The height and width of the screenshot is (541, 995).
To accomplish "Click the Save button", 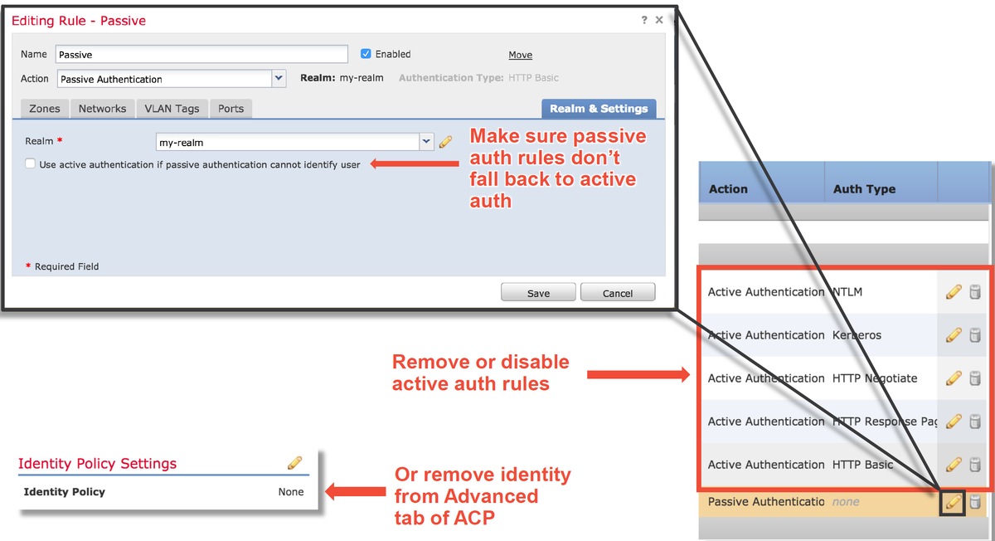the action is pos(538,293).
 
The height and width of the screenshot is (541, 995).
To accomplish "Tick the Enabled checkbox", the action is pos(366,54).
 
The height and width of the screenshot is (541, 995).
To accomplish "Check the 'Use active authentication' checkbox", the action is pos(30,163).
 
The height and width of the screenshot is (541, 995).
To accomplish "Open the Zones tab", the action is pos(45,109).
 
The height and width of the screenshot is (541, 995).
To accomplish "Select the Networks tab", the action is pos(102,109).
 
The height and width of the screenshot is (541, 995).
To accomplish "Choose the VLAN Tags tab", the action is pos(172,109).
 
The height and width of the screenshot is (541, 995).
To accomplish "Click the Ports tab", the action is pos(231,109).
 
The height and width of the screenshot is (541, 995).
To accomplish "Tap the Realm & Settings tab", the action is pos(599,109).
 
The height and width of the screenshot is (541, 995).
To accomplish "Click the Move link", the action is pos(520,55).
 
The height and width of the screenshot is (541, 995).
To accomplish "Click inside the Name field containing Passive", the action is pos(201,54).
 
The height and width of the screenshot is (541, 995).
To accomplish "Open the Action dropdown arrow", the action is pos(279,78).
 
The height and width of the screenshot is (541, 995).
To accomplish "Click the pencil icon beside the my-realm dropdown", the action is pos(445,142).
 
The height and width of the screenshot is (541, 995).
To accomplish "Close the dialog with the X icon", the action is pos(659,20).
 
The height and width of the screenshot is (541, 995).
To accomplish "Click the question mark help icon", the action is pos(644,20).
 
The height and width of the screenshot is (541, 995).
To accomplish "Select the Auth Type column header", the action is pos(864,189).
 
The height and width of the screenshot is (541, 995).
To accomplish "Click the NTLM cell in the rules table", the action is pos(847,291).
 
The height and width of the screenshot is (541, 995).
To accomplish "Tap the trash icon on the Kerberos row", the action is pos(975,334).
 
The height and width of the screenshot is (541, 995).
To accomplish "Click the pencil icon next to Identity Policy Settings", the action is pos(294,463).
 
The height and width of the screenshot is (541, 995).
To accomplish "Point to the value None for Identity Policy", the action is pos(291,492).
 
